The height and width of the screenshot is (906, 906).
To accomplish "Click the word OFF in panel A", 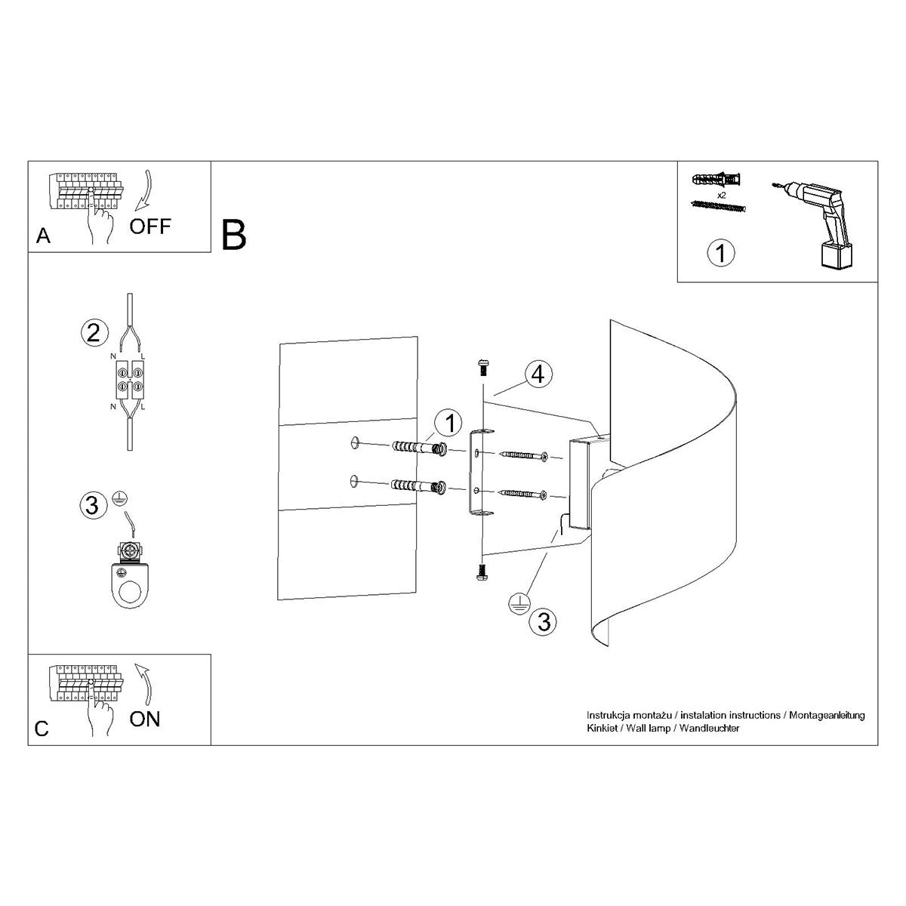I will (150, 225).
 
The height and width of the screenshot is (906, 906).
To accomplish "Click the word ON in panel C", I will (144, 718).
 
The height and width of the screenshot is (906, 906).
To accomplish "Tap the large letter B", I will (234, 235).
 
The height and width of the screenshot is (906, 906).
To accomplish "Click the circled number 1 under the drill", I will (720, 253).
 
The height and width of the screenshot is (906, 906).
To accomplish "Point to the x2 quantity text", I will (720, 195).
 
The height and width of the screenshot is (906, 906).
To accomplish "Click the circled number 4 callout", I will (538, 374).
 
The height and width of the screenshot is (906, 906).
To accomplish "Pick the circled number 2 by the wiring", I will (93, 332).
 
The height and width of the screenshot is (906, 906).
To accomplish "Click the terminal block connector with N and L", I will (128, 379).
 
